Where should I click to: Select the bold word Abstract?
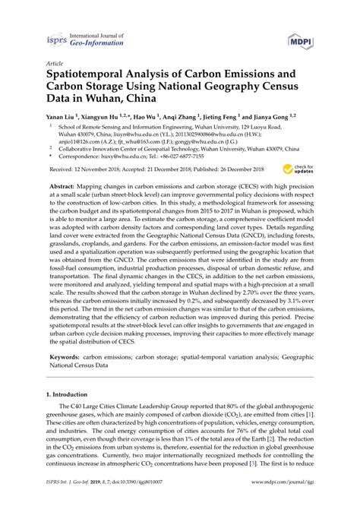(65, 207)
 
